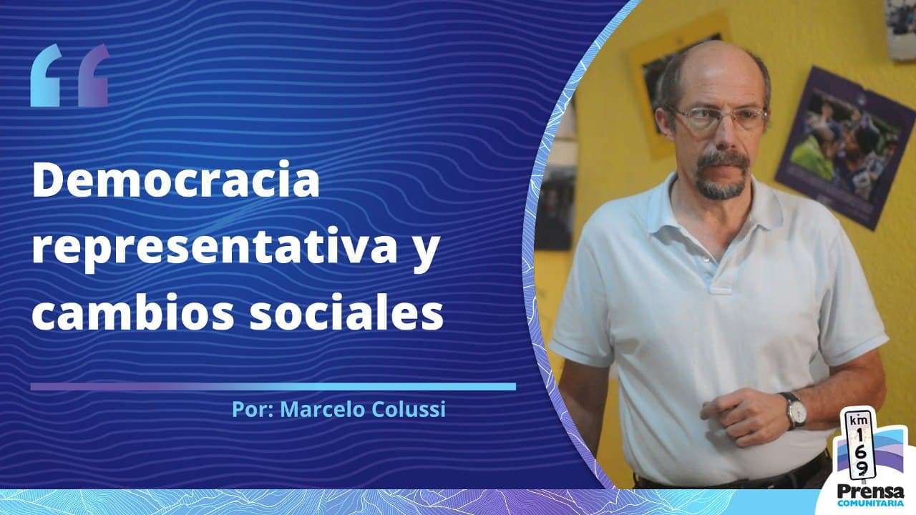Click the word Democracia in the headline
176,179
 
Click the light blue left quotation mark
46,76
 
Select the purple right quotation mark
94,76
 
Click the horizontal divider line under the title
273,387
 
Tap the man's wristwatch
796,411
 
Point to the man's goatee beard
721,176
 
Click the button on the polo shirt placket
706,259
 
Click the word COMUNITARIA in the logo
870,503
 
